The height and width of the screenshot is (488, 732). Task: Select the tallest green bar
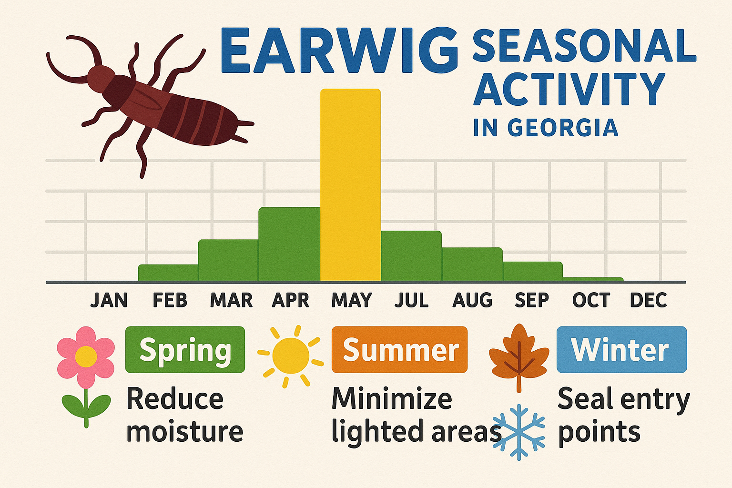289,244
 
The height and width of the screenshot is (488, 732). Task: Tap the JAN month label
109,300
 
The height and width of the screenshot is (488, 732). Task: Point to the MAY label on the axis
351,300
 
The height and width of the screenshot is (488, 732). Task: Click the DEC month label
648,300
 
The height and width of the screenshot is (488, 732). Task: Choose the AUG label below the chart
472,300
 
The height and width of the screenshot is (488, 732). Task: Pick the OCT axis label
591,300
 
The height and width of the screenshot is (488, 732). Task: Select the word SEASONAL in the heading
583,46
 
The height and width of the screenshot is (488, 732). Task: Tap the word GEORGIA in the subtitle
562,128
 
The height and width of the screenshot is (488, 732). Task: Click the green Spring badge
185,350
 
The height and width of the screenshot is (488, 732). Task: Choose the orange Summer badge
399,350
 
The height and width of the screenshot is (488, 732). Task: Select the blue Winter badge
621,350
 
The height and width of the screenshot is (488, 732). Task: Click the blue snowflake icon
518,431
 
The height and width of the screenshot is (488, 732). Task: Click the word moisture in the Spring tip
185,431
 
